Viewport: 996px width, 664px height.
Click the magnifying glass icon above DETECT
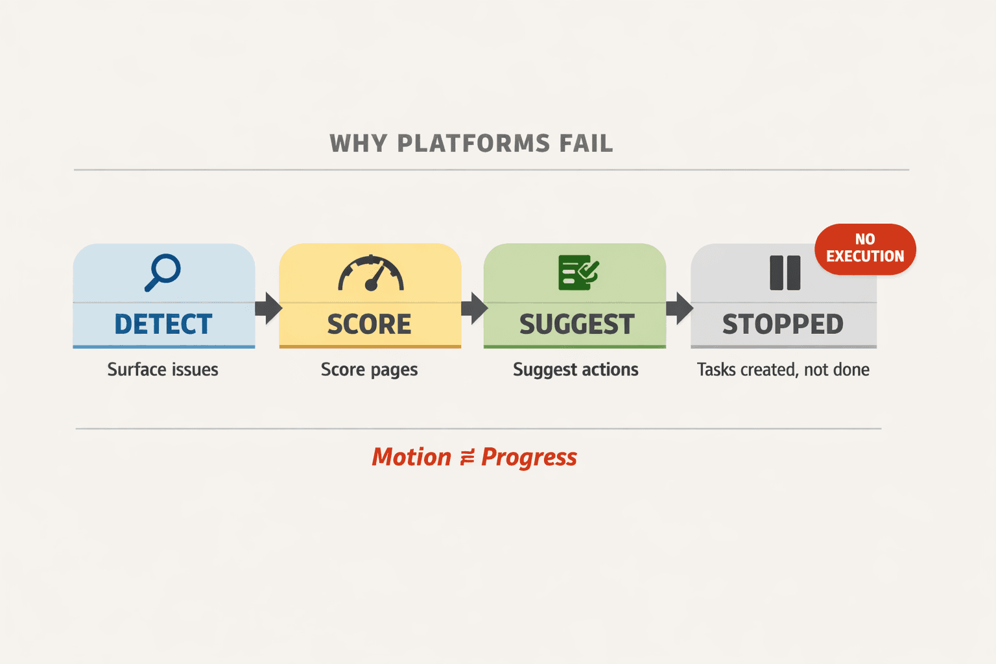(162, 272)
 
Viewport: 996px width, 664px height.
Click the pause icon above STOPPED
(785, 272)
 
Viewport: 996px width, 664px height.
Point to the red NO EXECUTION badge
(865, 249)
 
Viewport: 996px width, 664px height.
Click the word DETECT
(163, 324)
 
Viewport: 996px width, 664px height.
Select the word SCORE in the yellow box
(369, 324)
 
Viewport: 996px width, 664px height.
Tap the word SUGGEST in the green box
(576, 324)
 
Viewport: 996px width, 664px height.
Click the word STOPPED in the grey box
(783, 324)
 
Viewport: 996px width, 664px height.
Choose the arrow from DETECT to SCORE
(268, 308)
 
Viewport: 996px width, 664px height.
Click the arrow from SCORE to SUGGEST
(474, 308)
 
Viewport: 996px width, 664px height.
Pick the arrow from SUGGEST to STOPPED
(679, 308)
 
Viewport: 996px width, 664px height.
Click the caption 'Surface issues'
(163, 370)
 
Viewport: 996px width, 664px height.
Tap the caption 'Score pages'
(369, 370)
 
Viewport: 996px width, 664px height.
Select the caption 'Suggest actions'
(576, 370)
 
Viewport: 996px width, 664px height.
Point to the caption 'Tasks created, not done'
(783, 370)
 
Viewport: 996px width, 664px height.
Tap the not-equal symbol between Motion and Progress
(467, 458)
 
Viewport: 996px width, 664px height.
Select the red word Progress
(529, 458)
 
